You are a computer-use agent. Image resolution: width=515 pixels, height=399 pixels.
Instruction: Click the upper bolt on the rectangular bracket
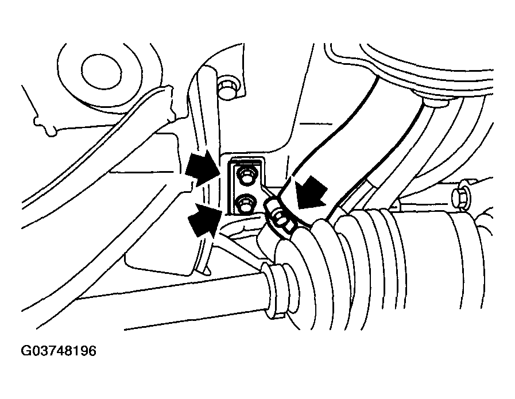pos(246,176)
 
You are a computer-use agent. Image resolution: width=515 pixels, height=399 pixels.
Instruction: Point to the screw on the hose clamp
pos(281,219)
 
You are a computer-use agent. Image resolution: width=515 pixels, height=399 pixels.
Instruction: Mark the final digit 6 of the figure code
pos(92,350)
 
